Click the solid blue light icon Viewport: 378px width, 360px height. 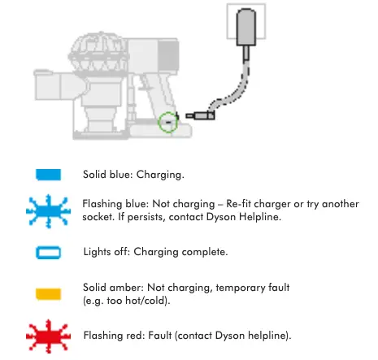tap(49, 175)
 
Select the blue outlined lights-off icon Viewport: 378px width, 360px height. tap(49, 253)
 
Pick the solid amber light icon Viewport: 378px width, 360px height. tap(49, 292)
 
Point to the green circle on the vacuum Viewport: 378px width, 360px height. tap(167, 121)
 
